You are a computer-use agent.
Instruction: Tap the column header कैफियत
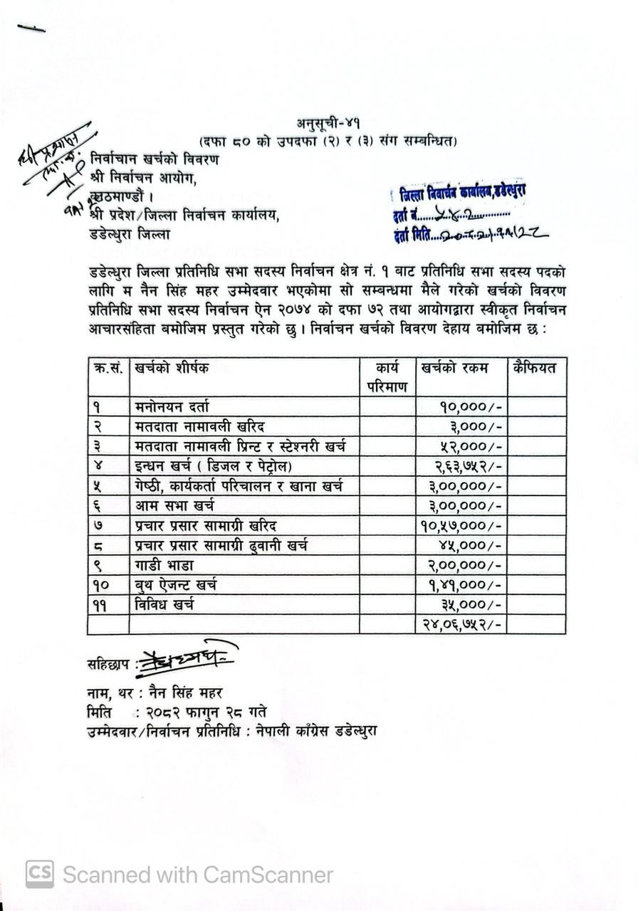(x=534, y=368)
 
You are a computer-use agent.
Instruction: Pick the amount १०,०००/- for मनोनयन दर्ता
(x=471, y=407)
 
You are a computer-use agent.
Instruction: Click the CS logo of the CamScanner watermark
(x=40, y=874)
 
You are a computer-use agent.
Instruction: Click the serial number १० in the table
(x=101, y=585)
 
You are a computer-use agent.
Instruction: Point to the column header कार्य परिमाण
(x=387, y=377)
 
